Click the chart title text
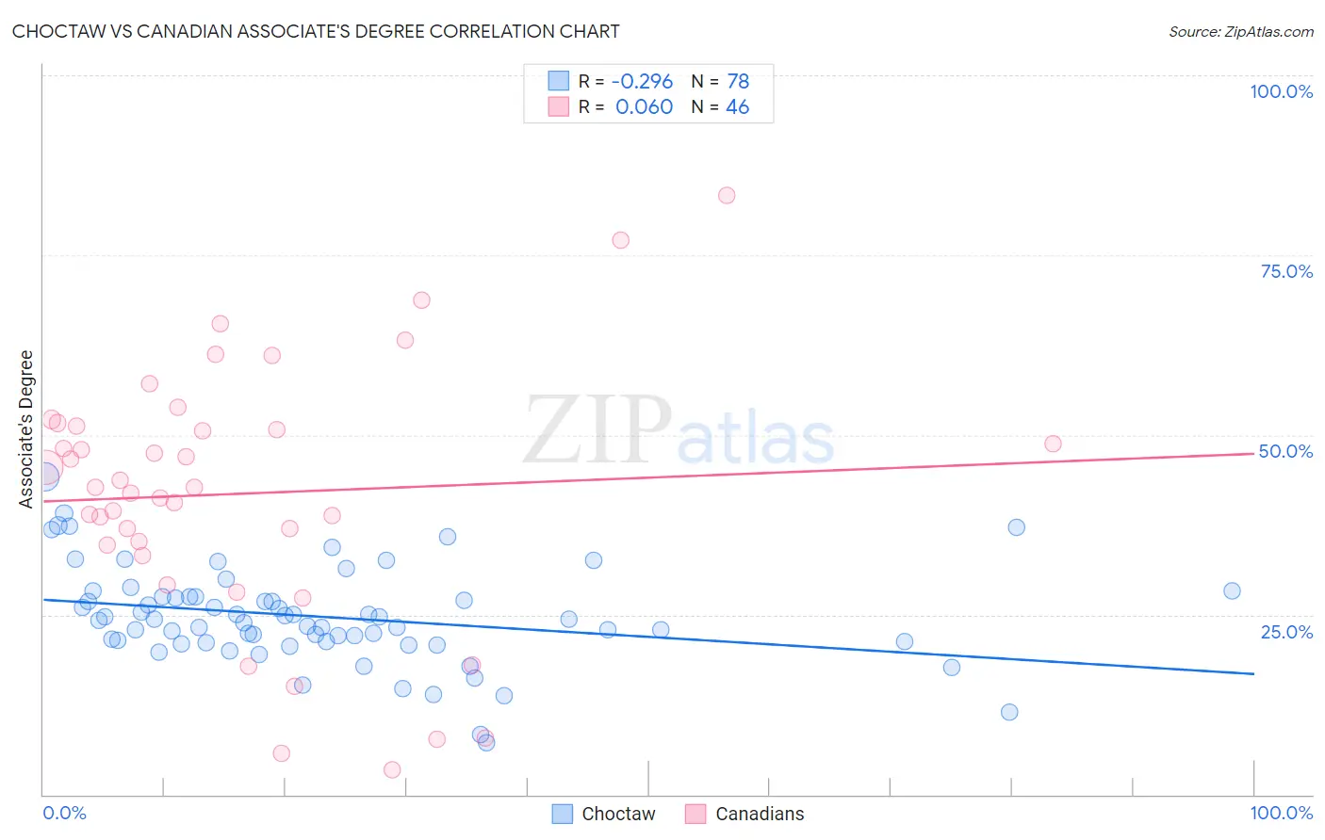click(x=316, y=31)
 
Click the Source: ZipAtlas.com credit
click(x=1240, y=31)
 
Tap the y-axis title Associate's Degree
click(x=26, y=428)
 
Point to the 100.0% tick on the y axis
click(x=1281, y=91)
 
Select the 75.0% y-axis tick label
click(x=1286, y=271)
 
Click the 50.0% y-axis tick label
click(x=1285, y=451)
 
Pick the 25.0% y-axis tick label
click(x=1286, y=631)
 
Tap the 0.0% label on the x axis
click(x=64, y=813)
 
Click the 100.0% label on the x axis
click(x=1281, y=813)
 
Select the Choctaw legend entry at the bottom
click(x=603, y=814)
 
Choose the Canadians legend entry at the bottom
click(x=744, y=814)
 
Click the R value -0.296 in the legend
click(x=642, y=82)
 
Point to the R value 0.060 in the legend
click(x=644, y=106)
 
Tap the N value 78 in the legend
click(x=738, y=82)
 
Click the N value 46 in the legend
click(x=737, y=106)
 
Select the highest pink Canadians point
click(x=727, y=196)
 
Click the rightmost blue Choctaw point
click(x=1232, y=591)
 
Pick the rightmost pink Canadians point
click(x=1053, y=444)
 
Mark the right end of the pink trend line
click(x=1253, y=453)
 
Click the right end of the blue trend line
click(x=1253, y=673)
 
